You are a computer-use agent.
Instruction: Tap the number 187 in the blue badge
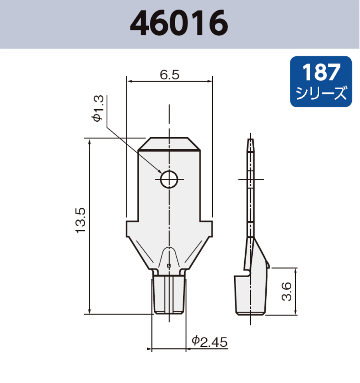pos(321,73)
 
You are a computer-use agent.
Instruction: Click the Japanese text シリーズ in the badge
pos(321,94)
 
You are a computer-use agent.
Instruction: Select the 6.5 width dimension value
pos(170,75)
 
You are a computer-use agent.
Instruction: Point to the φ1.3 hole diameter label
pos(99,109)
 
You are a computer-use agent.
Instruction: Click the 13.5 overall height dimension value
pos(80,220)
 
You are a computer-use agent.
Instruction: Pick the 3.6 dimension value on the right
pos(286,291)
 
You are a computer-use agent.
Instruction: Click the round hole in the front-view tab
pos(169,179)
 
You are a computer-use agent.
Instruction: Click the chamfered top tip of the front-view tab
pos(169,143)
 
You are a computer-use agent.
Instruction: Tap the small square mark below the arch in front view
pos(169,266)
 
